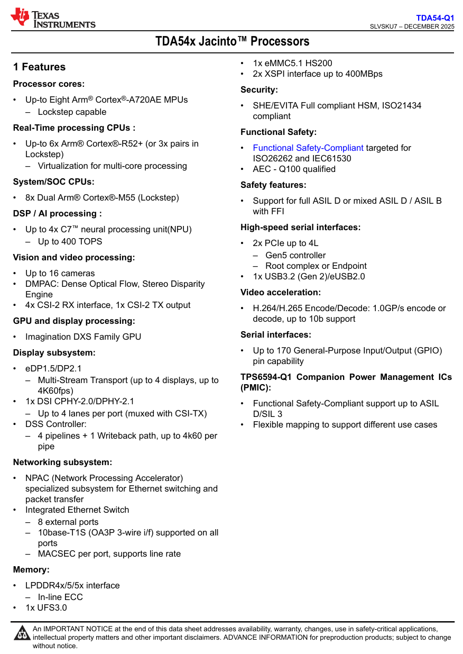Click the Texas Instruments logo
tap(53, 17)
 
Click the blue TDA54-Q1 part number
tap(434, 18)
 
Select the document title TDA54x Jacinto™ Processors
tap(232, 41)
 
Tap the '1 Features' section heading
tap(40, 67)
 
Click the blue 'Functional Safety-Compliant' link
tap(308, 148)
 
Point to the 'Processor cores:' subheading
tap(49, 84)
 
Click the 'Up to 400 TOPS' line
tap(70, 242)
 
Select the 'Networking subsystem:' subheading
tap(62, 462)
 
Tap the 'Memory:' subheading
tap(31, 570)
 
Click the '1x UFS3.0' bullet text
tap(46, 608)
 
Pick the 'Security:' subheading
tap(259, 90)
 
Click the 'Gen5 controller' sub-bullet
tap(295, 256)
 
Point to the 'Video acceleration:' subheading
tap(281, 293)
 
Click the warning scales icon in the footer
tap(22, 633)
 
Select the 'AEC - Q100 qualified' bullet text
tap(294, 169)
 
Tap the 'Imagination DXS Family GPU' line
tap(83, 337)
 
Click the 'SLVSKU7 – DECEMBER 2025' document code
tap(412, 27)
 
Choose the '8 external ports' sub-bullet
tap(68, 522)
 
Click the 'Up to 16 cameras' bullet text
tap(60, 274)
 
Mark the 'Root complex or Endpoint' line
tap(316, 266)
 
